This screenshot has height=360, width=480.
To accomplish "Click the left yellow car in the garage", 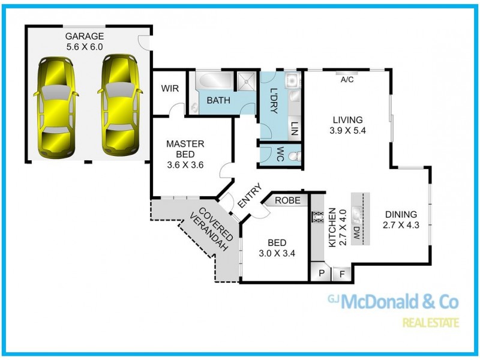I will pos(58,106).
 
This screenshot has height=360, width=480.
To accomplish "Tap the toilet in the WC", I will pos(293,155).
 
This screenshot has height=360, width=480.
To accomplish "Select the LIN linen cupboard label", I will pos(295,128).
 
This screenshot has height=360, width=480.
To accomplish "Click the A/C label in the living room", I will pos(347,79).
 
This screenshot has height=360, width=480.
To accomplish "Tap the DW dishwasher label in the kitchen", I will pos(356,233).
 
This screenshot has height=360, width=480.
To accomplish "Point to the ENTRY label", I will pos(249,196).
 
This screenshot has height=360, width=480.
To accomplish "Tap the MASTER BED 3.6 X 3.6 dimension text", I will pos(185,154).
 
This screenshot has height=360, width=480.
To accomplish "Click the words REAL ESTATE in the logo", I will pos(430,323).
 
